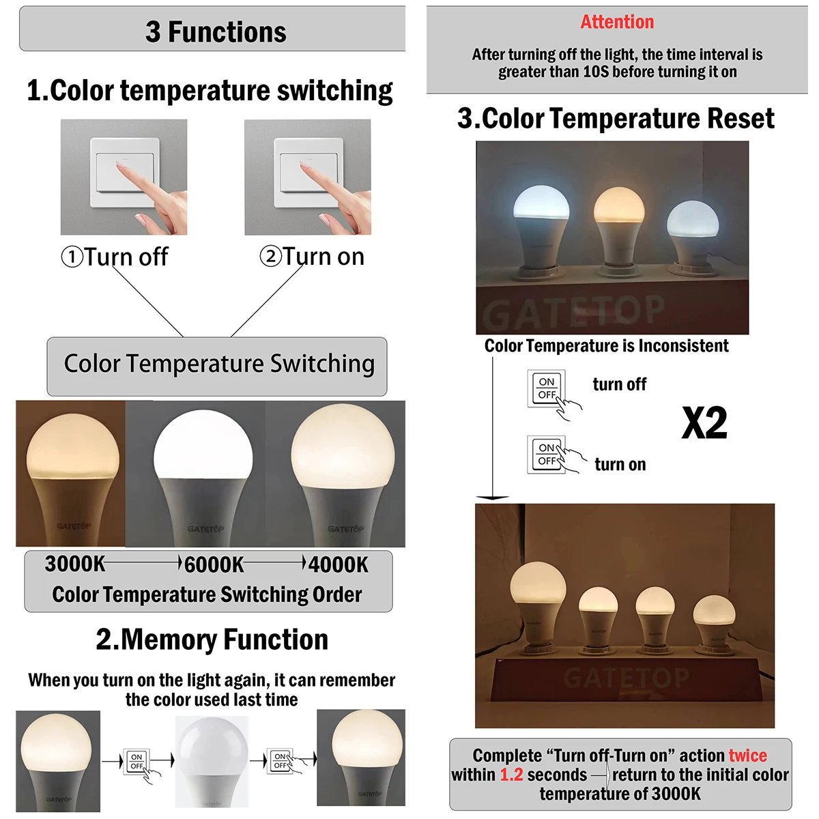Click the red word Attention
(x=617, y=23)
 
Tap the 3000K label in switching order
(x=75, y=564)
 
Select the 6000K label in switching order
(x=214, y=565)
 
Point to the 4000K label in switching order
(x=339, y=565)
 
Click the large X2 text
(x=704, y=424)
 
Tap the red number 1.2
(x=511, y=775)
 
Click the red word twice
(x=747, y=756)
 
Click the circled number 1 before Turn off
(x=72, y=258)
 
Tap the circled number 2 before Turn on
(x=270, y=257)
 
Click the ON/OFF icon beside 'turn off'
(x=547, y=388)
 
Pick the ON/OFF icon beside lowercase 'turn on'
(x=547, y=455)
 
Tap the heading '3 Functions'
(x=216, y=32)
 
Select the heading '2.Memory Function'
(x=212, y=640)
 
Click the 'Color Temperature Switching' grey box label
(x=218, y=364)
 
